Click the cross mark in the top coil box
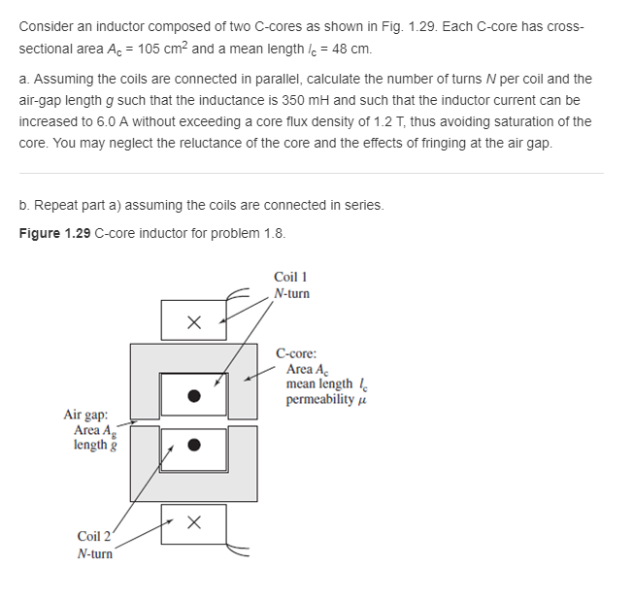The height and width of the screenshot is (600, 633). (x=194, y=320)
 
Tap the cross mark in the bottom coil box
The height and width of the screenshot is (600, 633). (x=194, y=523)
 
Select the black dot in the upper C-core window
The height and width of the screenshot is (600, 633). (x=194, y=395)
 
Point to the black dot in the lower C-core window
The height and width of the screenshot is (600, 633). (x=194, y=446)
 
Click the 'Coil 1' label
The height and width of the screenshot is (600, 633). (x=291, y=277)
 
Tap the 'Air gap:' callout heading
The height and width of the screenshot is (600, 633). (x=86, y=415)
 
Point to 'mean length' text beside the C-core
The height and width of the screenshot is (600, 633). (x=319, y=384)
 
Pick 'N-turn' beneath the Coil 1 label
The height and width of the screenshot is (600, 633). (x=292, y=293)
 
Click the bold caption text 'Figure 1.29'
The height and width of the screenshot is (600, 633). (x=54, y=233)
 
